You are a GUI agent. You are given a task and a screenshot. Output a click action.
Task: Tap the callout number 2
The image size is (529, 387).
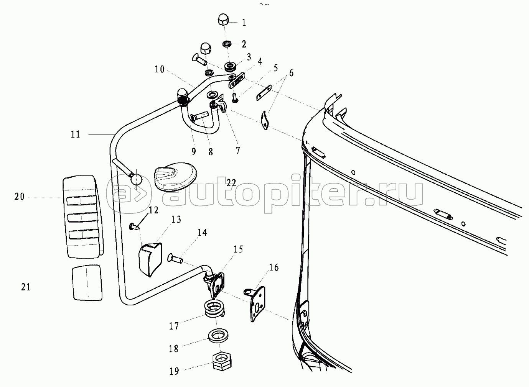click(244, 44)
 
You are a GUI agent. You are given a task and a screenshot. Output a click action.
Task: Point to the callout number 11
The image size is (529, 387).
click(76, 134)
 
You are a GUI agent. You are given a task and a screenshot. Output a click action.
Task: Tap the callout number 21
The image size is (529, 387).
click(26, 287)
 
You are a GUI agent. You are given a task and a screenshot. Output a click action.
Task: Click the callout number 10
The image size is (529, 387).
click(160, 69)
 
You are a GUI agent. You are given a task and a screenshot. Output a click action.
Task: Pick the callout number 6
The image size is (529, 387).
click(291, 73)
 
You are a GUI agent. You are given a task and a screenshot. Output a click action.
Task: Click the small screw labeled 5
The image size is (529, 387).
click(236, 98)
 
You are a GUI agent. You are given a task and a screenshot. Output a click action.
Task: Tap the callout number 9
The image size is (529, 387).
click(194, 151)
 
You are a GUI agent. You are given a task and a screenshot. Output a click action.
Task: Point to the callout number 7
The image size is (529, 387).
click(238, 150)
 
